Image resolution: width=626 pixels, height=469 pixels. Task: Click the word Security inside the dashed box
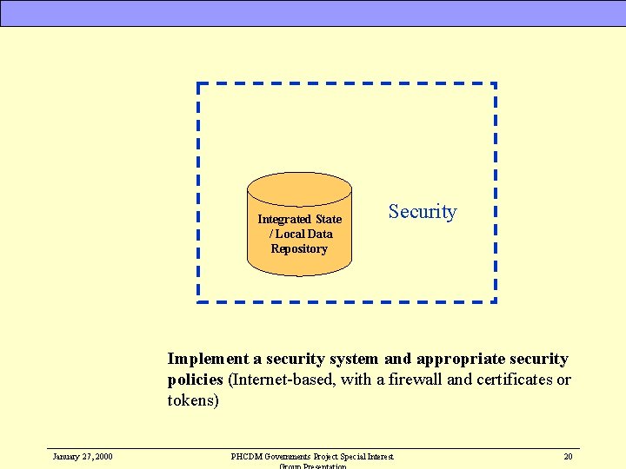click(x=423, y=211)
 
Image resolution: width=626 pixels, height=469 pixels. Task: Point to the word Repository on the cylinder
click(x=299, y=248)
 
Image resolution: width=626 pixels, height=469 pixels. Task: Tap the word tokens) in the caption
click(x=193, y=400)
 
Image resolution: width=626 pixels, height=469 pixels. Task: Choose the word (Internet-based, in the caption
click(x=281, y=380)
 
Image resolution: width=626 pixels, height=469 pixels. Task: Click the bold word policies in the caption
click(x=196, y=380)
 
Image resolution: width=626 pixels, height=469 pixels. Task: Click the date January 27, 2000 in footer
click(x=82, y=456)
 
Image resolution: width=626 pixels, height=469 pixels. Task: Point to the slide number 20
click(x=568, y=456)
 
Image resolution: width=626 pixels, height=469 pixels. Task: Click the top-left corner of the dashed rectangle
click(x=199, y=85)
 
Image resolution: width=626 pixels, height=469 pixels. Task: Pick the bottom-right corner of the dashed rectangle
click(x=495, y=301)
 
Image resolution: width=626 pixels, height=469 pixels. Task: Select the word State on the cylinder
click(x=329, y=219)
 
